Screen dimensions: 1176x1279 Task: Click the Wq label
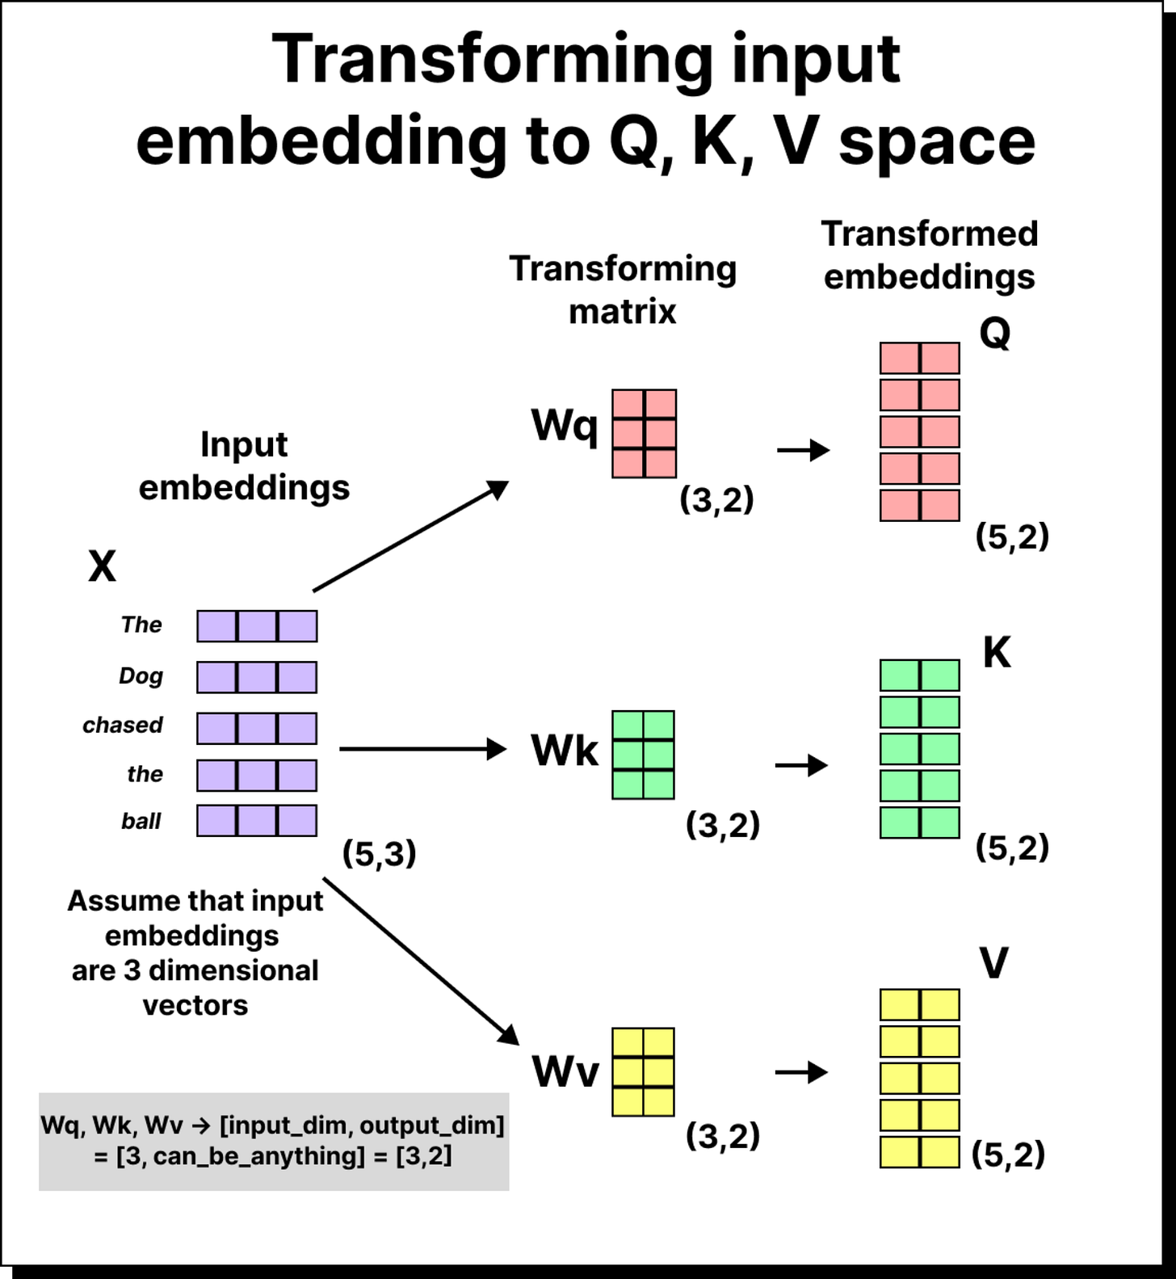[x=564, y=425]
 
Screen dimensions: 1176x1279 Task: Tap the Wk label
[x=564, y=751]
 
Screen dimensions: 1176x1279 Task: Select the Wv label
[x=565, y=1072]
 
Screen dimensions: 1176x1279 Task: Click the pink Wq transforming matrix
[x=644, y=434]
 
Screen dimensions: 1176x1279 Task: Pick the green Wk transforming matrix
[x=643, y=755]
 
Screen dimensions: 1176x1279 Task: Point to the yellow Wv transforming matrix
[x=643, y=1072]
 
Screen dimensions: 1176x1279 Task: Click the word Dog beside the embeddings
[x=141, y=675]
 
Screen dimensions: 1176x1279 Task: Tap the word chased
[x=123, y=725]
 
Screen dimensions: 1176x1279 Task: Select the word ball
[x=141, y=821]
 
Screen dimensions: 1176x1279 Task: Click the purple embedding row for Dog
[x=257, y=677]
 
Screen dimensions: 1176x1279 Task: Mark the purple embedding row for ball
[x=257, y=821]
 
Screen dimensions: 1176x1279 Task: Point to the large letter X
[x=102, y=566]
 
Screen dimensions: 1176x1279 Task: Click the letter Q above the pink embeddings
[x=994, y=332]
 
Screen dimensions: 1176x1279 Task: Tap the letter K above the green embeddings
[x=997, y=652]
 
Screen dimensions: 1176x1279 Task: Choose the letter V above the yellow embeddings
[x=993, y=962]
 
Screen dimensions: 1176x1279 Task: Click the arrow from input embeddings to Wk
[x=422, y=749]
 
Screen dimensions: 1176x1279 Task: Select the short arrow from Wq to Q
[x=803, y=450]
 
